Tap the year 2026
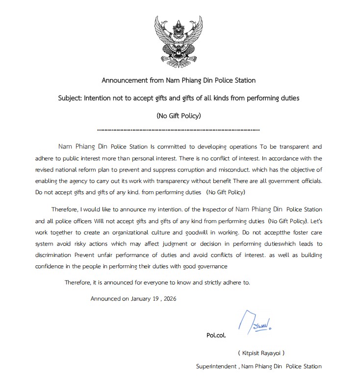coord(168,298)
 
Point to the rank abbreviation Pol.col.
coord(216,336)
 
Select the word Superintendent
coord(217,366)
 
